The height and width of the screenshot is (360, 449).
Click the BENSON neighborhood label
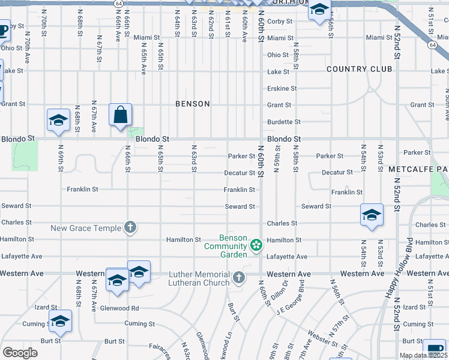[x=193, y=104]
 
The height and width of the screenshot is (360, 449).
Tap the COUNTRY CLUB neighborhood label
[x=359, y=69]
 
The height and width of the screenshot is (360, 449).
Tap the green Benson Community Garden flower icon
[x=256, y=244]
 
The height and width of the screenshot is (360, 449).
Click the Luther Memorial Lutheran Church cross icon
[x=239, y=277]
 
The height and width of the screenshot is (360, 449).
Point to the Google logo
[x=20, y=353]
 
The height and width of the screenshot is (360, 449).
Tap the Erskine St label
[x=282, y=88]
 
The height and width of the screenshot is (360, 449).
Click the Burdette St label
[x=284, y=122]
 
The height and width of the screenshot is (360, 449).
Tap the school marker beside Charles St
[x=372, y=215]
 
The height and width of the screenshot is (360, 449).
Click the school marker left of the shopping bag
[x=59, y=120]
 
